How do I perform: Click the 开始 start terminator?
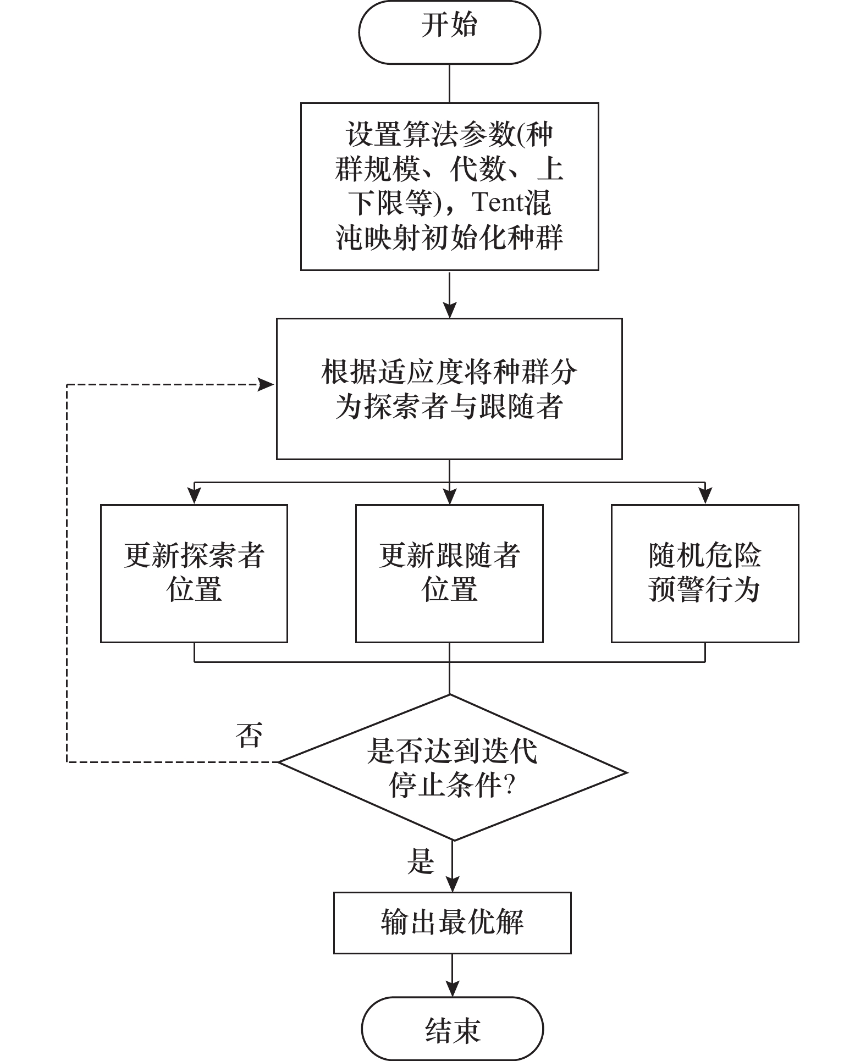(449, 32)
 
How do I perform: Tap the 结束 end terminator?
(452, 1029)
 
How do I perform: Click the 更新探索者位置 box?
(194, 573)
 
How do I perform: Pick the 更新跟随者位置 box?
(449, 573)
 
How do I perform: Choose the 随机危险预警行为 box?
(704, 573)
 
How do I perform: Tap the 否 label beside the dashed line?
(249, 736)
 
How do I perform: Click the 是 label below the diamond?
(421, 861)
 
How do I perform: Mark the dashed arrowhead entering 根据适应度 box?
(267, 385)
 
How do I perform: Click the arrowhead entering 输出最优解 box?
(452, 885)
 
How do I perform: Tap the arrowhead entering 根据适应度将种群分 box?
(450, 311)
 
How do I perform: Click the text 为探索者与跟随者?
(449, 407)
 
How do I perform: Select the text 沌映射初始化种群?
(449, 238)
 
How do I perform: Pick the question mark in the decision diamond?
(509, 787)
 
